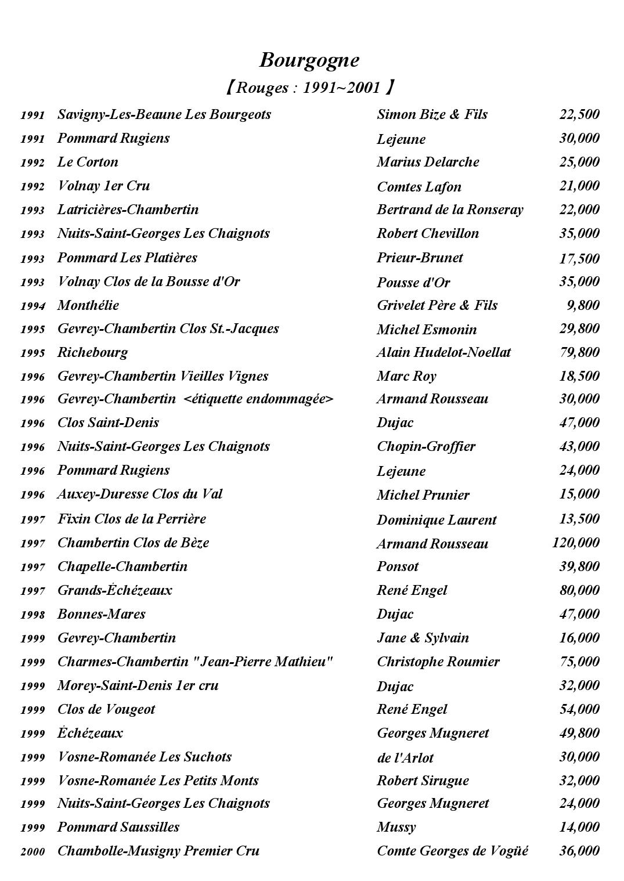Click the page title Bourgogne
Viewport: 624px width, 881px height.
pyautogui.click(x=309, y=60)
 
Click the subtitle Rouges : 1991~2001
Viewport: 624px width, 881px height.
pyautogui.click(x=309, y=88)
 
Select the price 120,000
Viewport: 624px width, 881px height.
pyautogui.click(x=575, y=543)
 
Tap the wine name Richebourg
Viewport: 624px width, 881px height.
pyautogui.click(x=92, y=352)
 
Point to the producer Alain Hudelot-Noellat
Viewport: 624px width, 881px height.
pyautogui.click(x=443, y=352)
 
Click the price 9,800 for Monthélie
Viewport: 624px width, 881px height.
pyautogui.click(x=583, y=305)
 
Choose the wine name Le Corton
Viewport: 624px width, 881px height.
pyautogui.click(x=88, y=162)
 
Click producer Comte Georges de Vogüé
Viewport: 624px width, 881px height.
pyautogui.click(x=452, y=851)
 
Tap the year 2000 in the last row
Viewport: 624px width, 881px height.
pyautogui.click(x=33, y=852)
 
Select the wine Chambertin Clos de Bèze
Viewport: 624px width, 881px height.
pyautogui.click(x=133, y=543)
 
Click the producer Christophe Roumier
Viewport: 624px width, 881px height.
pyautogui.click(x=438, y=662)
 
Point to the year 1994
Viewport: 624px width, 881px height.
pyautogui.click(x=33, y=306)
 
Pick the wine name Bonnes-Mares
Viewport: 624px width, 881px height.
pyautogui.click(x=101, y=614)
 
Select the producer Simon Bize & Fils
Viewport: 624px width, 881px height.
pyautogui.click(x=432, y=114)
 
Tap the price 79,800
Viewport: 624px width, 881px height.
pyautogui.click(x=579, y=352)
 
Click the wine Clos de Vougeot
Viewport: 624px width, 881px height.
pyautogui.click(x=106, y=709)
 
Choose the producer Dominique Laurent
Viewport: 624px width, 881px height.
pyautogui.click(x=436, y=520)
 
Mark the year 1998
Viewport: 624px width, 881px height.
pyautogui.click(x=33, y=615)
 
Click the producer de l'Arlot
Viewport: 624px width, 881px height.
pyautogui.click(x=405, y=757)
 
